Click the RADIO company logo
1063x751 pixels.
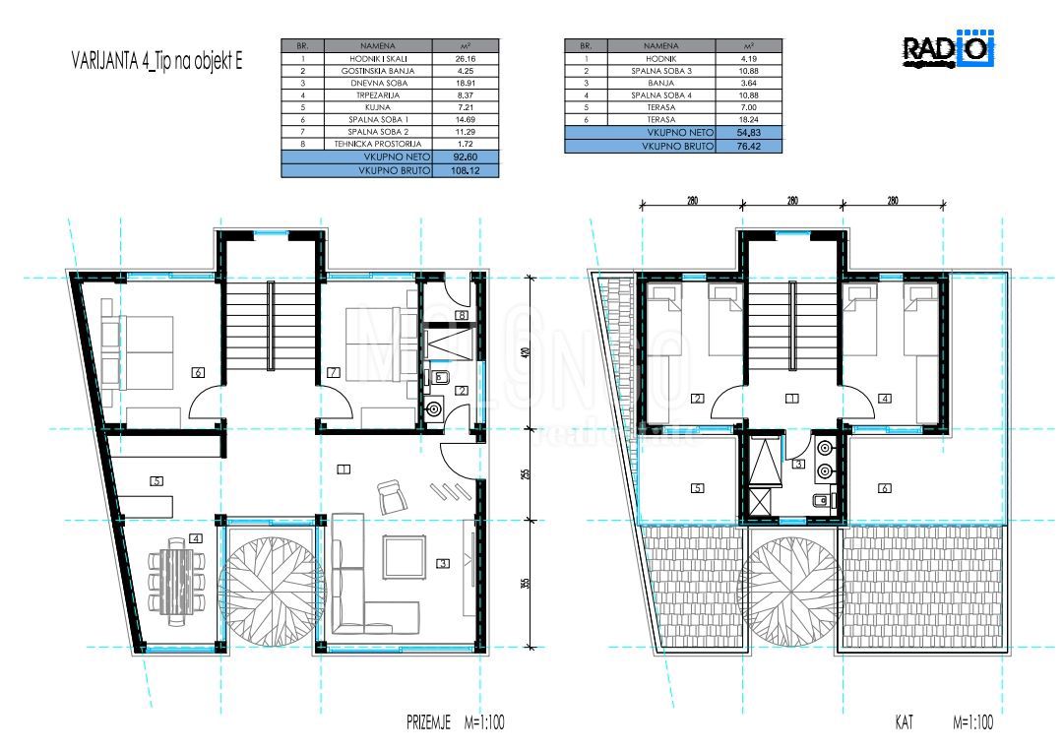point(948,50)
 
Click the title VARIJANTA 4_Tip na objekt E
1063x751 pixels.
point(156,60)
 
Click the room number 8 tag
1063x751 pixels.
point(460,315)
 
